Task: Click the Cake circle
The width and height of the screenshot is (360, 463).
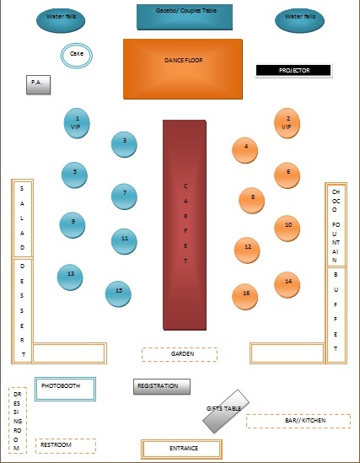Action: [x=77, y=57]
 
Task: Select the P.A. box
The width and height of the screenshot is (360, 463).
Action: [x=38, y=83]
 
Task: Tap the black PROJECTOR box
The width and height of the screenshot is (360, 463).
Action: [x=294, y=71]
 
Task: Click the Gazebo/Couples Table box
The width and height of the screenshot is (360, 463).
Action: [x=184, y=15]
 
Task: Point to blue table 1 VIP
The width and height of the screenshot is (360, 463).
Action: [x=78, y=122]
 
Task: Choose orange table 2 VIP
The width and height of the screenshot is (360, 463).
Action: [x=287, y=123]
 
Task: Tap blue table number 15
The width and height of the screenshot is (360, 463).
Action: [x=119, y=293]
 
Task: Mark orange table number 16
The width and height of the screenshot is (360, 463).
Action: [x=246, y=295]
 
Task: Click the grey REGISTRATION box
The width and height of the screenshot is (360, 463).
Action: [x=162, y=386]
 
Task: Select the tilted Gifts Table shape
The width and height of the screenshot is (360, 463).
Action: [x=225, y=411]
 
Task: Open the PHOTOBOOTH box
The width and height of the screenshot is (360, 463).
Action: [x=65, y=387]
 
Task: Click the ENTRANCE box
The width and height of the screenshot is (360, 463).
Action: [x=181, y=448]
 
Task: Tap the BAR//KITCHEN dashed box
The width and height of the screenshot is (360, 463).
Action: [x=298, y=420]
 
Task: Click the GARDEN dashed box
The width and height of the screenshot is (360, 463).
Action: [x=180, y=354]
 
